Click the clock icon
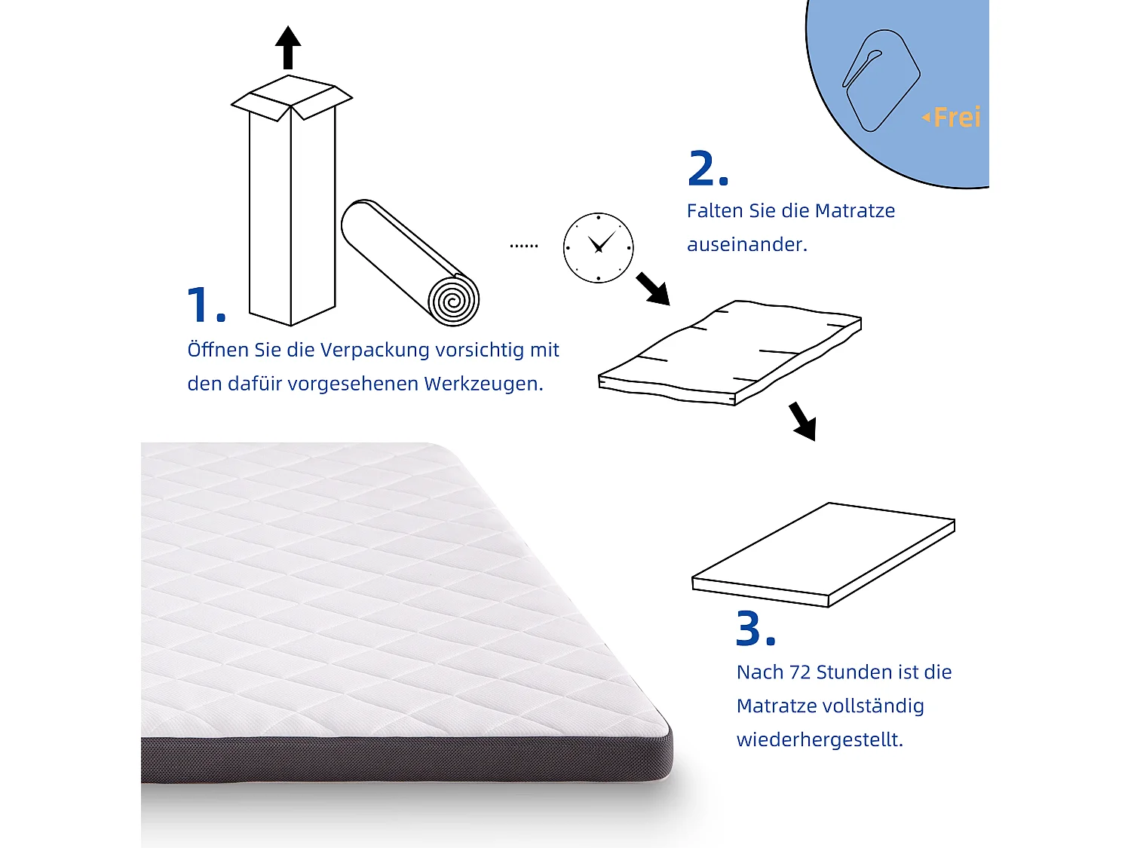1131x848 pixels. (598, 248)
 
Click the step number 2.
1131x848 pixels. (706, 169)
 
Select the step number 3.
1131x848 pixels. (755, 629)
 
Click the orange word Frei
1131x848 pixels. (956, 118)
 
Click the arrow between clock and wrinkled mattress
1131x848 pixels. (653, 289)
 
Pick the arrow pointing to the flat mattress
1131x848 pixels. (803, 421)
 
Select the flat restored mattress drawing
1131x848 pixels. (823, 555)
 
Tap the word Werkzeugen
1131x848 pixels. (483, 384)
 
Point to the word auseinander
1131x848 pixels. (746, 244)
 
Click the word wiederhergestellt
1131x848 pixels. (819, 739)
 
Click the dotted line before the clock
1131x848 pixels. (524, 246)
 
